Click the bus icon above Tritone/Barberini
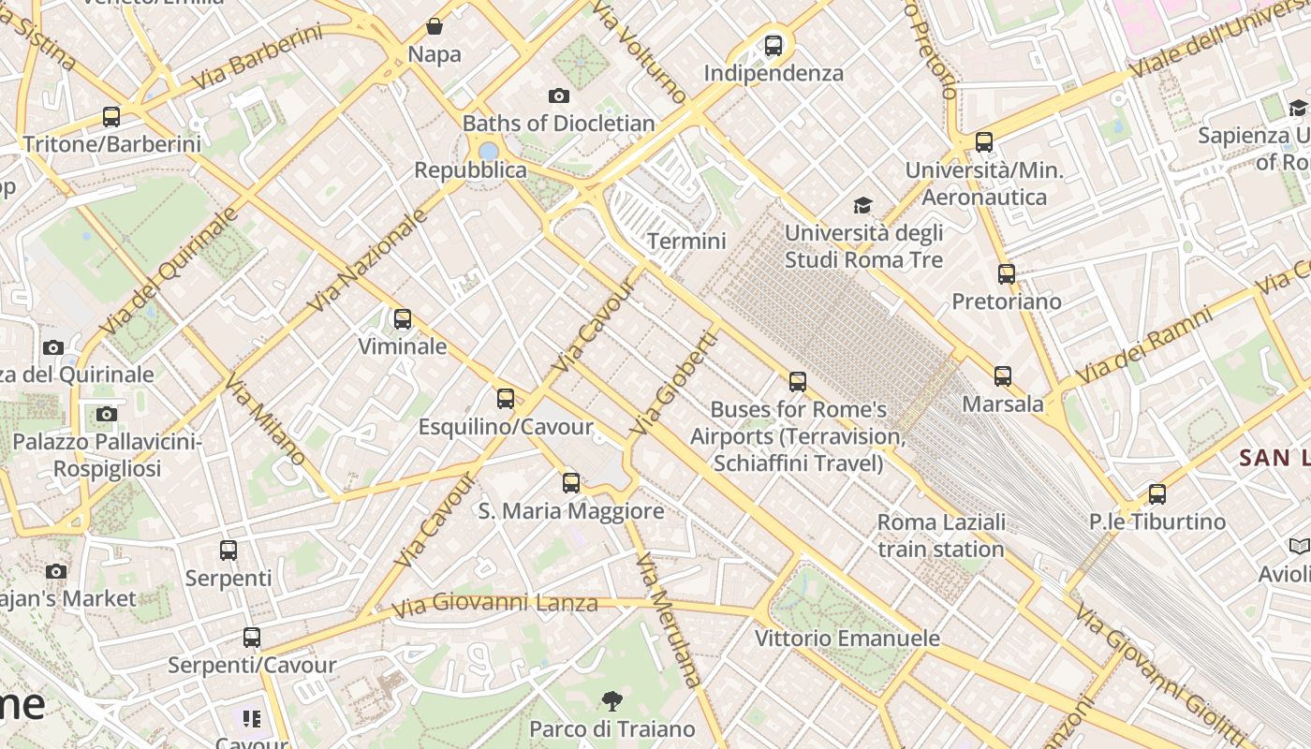(111, 117)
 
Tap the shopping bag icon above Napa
(435, 26)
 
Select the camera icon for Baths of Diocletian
(559, 95)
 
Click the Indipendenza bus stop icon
(773, 45)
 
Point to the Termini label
(686, 242)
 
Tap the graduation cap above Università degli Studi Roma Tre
(862, 205)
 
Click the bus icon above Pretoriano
(1007, 274)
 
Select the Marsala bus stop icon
(1003, 376)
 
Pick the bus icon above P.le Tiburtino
(1157, 494)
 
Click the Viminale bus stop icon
(403, 319)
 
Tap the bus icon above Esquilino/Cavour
(506, 399)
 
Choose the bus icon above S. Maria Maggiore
(571, 483)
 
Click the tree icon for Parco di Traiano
(612, 700)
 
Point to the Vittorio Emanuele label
(847, 639)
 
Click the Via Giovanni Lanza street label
(494, 603)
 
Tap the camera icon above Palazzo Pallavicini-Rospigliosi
(107, 414)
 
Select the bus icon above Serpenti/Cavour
(252, 638)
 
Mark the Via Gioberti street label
(672, 383)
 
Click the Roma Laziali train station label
(941, 536)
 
